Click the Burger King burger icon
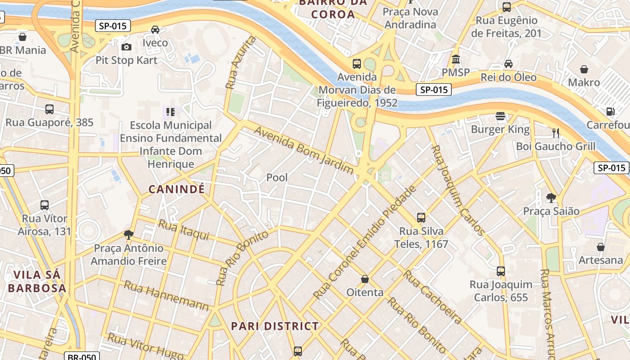(x=500, y=116)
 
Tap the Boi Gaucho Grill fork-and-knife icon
(x=556, y=133)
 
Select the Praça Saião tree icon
(x=551, y=197)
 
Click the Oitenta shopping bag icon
(x=365, y=279)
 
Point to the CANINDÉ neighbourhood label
(x=176, y=189)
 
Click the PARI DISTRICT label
(x=274, y=326)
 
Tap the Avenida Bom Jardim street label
(x=304, y=150)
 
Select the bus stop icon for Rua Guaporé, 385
(x=49, y=109)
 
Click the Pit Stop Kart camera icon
(x=126, y=47)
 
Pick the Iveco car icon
(x=155, y=30)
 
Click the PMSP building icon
(x=456, y=59)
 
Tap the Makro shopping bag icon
(x=584, y=69)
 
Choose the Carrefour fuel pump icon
(x=610, y=111)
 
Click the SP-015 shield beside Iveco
(x=113, y=26)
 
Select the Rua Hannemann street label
(x=166, y=296)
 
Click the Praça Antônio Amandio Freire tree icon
(x=129, y=234)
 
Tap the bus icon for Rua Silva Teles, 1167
(x=421, y=218)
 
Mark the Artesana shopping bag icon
(x=600, y=247)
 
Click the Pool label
(x=277, y=177)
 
